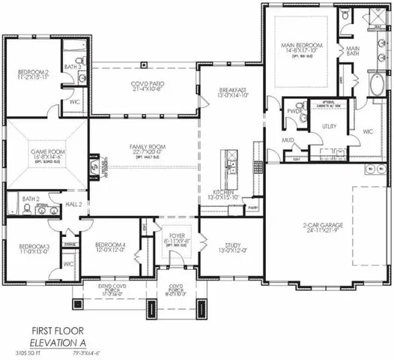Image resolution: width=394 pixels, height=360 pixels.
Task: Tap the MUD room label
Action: pyautogui.click(x=287, y=141)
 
